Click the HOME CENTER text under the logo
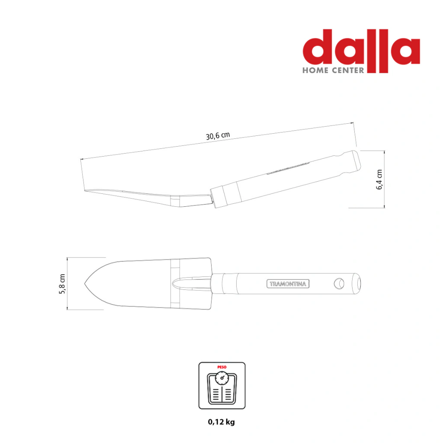pyautogui.click(x=334, y=71)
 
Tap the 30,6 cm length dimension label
pyautogui.click(x=218, y=135)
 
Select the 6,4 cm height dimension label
pyautogui.click(x=379, y=180)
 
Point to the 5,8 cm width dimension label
pyautogui.click(x=62, y=284)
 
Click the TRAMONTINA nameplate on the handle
pyautogui.click(x=288, y=284)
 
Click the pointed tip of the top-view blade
pyautogui.click(x=85, y=283)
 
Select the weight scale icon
pyautogui.click(x=222, y=385)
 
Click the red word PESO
pyautogui.click(x=222, y=367)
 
